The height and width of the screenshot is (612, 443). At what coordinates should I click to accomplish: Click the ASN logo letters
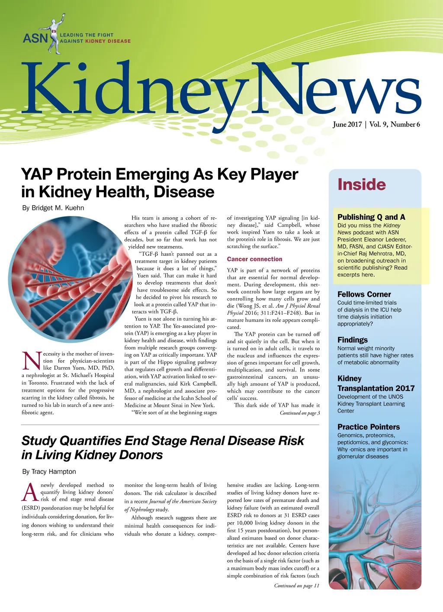35,38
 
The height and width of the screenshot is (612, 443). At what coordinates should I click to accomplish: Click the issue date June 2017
347,124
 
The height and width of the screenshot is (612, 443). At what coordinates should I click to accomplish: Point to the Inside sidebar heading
361,184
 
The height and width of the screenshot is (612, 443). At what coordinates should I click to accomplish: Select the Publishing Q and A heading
371,217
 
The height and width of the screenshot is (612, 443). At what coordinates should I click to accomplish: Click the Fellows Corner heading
364,294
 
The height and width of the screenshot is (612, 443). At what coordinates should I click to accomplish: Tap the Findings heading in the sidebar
352,340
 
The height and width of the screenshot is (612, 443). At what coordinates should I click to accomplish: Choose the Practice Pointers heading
368,427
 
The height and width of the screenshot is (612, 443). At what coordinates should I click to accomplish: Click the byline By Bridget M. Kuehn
53,208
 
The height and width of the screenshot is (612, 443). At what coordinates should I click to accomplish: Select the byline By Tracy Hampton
49,471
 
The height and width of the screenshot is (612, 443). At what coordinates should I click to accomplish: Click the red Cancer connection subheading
254,259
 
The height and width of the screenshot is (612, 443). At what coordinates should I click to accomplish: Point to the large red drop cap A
30,493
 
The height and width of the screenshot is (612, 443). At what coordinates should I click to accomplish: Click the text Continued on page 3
299,413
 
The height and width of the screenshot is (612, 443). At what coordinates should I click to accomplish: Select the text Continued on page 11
296,586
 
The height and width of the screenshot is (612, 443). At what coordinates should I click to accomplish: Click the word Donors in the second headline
141,455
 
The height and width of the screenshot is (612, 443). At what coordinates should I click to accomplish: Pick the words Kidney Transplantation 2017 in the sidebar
376,383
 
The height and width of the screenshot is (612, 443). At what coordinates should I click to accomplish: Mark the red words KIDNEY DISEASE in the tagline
108,41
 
